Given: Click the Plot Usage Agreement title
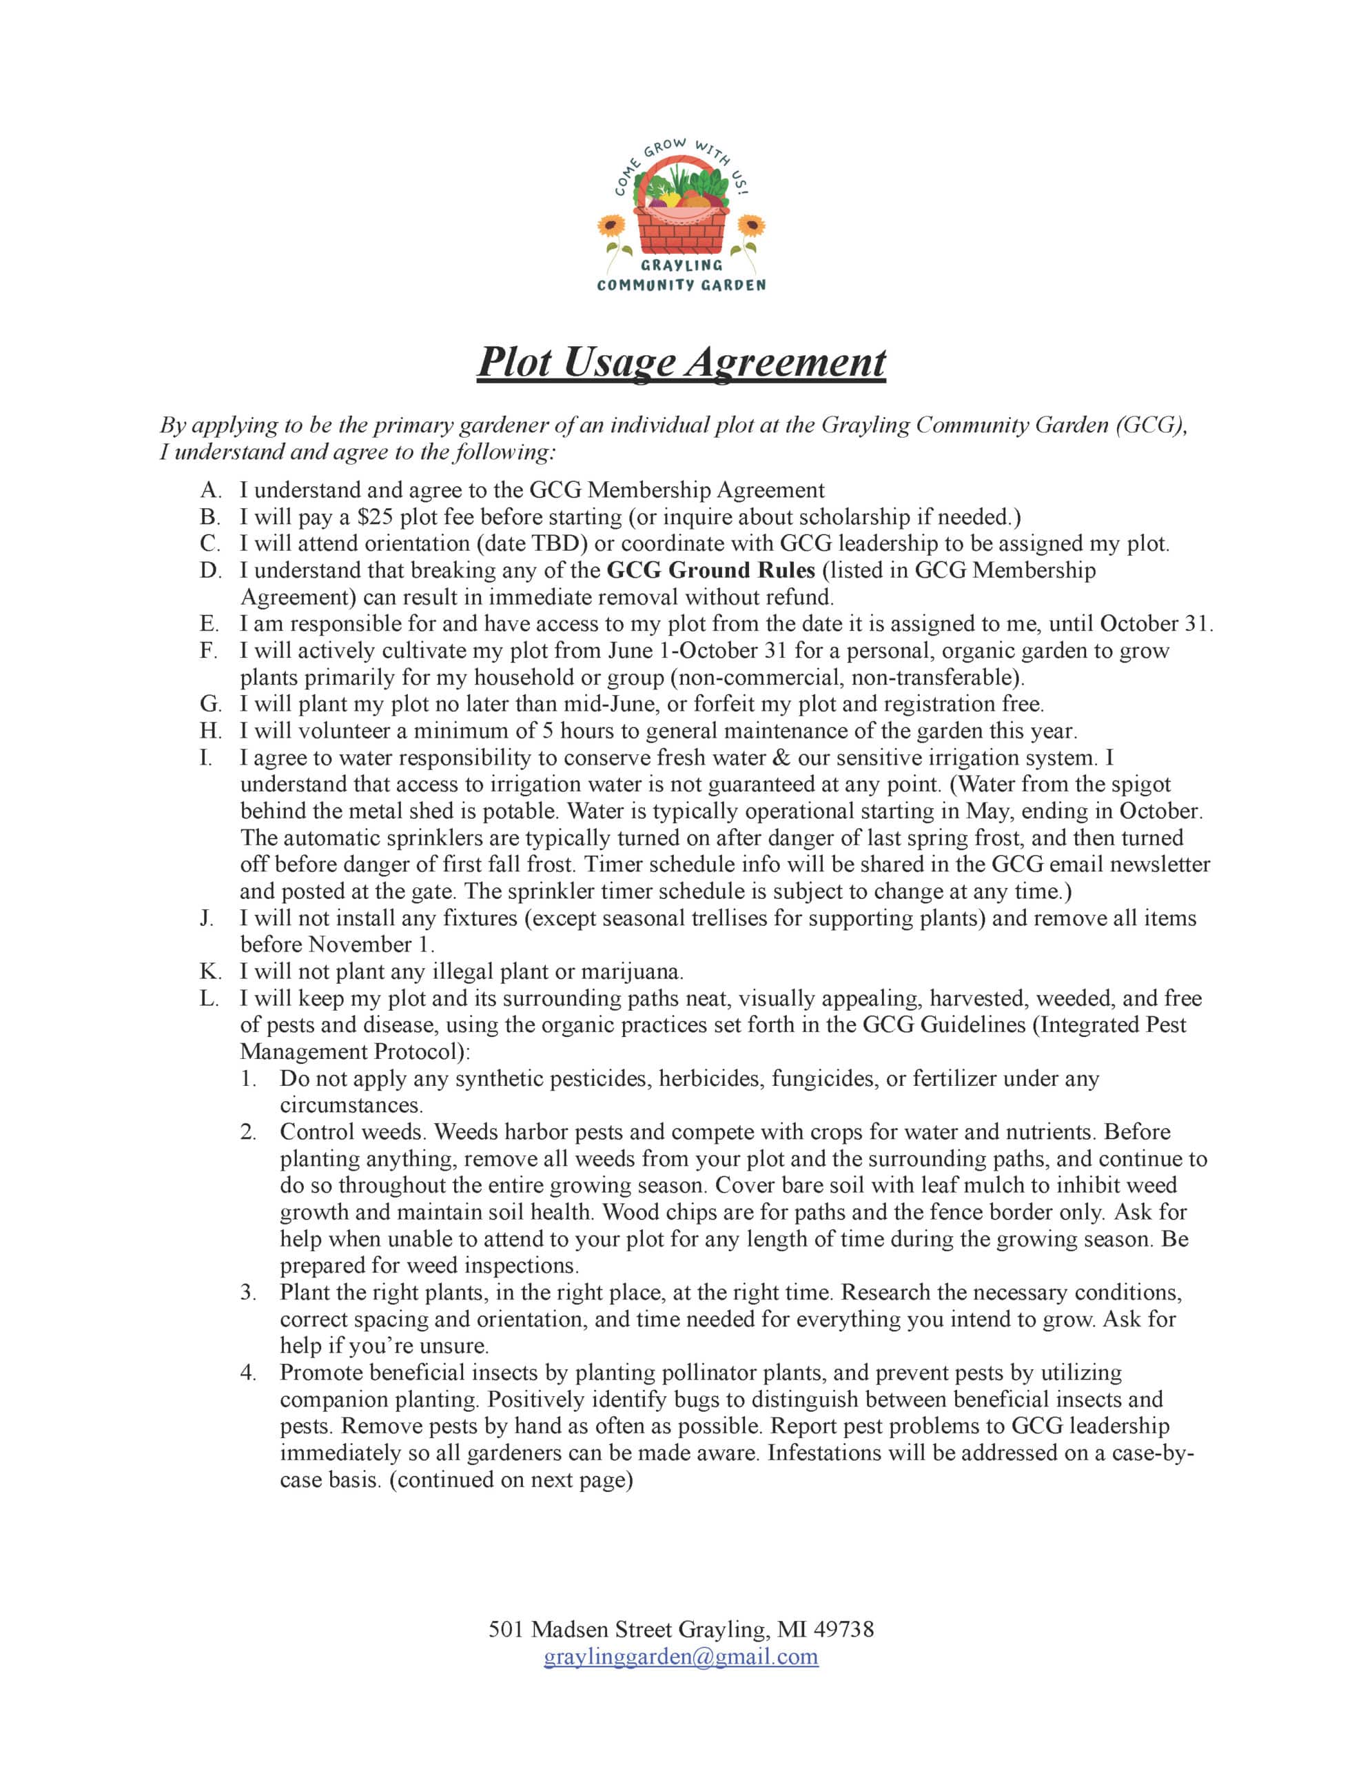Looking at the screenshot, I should [680, 361].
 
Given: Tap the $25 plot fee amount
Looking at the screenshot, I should [375, 516].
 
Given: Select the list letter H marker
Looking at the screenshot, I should [210, 731].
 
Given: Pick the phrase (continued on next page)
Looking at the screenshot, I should [511, 1480].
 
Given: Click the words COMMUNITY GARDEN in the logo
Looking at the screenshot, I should [681, 285].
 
